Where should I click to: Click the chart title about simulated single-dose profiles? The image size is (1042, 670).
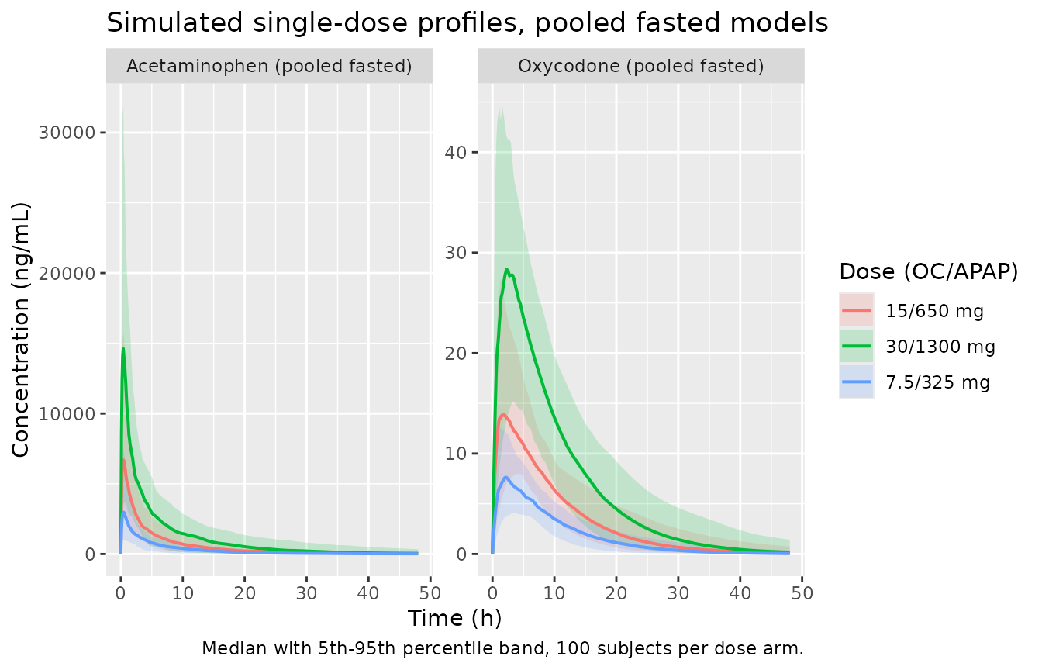[x=467, y=22]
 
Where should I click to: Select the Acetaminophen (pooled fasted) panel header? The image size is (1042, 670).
[x=269, y=66]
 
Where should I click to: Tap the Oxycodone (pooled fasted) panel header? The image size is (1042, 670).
[x=641, y=66]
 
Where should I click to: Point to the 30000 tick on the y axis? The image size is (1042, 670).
[x=67, y=133]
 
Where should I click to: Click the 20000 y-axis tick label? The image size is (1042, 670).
[x=67, y=274]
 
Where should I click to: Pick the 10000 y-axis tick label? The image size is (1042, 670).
[x=67, y=414]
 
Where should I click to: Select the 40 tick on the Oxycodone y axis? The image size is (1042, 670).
[x=456, y=153]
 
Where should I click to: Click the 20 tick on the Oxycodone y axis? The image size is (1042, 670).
[x=456, y=354]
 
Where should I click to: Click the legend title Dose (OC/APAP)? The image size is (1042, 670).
[x=929, y=271]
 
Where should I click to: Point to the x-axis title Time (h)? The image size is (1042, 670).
[x=454, y=618]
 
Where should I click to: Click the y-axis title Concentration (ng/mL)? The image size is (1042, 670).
[x=20, y=330]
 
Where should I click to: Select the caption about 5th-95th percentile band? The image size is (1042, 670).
[x=502, y=648]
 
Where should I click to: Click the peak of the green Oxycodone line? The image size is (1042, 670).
[x=506, y=269]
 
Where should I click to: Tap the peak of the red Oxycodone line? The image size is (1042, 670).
[x=503, y=414]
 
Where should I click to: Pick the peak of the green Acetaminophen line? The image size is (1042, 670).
[x=123, y=348]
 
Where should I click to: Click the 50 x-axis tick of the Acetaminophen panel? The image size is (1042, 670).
[x=430, y=593]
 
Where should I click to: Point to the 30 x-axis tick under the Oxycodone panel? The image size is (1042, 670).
[x=678, y=593]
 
